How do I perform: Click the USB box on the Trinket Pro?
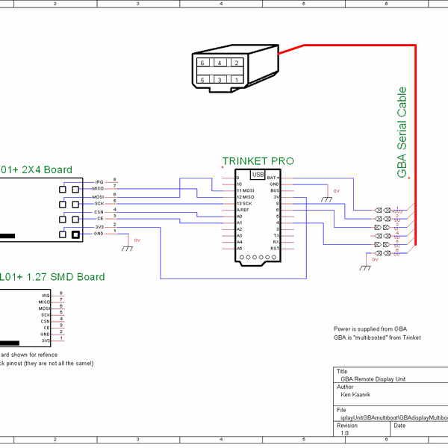pos(258,175)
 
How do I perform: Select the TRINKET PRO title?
pos(258,161)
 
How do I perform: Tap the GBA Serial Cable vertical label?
pos(402,132)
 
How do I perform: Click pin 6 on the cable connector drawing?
pos(202,63)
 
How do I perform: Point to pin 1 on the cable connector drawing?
pos(236,79)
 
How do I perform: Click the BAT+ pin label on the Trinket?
pos(273,178)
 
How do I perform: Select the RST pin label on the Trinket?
pos(275,248)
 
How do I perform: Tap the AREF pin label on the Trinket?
pos(243,210)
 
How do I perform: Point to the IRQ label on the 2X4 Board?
pos(99,182)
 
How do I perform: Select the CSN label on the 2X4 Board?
pos(99,212)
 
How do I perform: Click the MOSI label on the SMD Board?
pos(44,308)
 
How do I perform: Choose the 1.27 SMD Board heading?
pos(52,277)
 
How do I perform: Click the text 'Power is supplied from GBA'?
pos(370,329)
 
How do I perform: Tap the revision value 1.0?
pos(344,433)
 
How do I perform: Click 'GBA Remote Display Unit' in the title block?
pos(377,379)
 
